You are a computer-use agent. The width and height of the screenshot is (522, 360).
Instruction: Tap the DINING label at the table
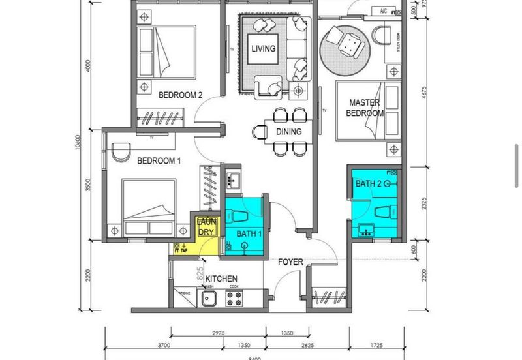click(288, 132)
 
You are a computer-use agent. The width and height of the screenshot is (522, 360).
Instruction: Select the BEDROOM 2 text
click(181, 95)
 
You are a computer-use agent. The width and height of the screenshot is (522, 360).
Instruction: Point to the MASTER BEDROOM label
click(365, 108)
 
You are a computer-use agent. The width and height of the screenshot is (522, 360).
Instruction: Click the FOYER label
click(290, 262)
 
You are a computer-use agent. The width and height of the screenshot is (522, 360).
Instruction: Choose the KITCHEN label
click(221, 279)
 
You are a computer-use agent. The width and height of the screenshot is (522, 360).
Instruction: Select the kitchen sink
click(209, 299)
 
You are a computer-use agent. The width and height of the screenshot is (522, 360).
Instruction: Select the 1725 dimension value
click(377, 345)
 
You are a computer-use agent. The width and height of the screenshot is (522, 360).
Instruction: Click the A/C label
click(384, 11)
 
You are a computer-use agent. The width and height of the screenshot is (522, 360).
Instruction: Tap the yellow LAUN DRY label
click(206, 227)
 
